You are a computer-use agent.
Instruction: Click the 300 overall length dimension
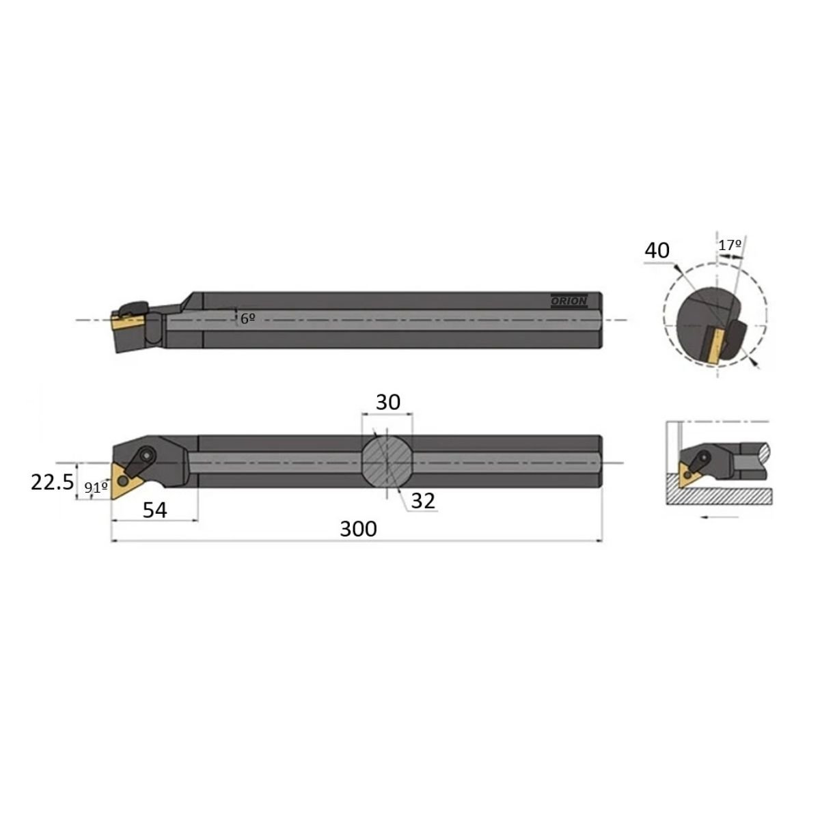(x=358, y=529)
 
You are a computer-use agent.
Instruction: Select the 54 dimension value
(x=154, y=510)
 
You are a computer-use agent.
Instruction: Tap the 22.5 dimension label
(x=53, y=482)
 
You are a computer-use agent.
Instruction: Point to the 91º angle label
(x=95, y=488)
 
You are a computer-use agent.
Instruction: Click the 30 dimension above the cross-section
(x=387, y=402)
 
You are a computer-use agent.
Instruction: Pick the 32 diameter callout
(x=423, y=501)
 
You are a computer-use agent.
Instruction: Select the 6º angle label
(x=247, y=318)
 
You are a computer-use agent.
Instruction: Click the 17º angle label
(x=730, y=245)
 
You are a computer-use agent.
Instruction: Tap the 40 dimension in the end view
(x=657, y=250)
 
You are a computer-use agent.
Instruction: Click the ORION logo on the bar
(x=569, y=301)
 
